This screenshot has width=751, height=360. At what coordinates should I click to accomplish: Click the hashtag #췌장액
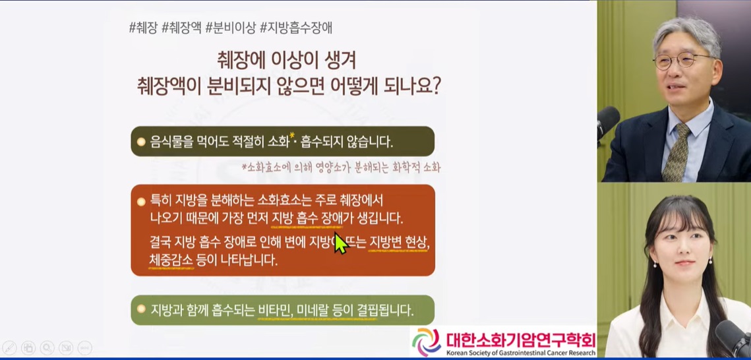coord(181,28)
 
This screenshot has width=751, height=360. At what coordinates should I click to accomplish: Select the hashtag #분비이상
coord(229,28)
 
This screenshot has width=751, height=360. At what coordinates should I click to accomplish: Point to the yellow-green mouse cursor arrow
coord(340,243)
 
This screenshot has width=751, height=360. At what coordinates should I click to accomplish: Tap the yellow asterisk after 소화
coord(293,136)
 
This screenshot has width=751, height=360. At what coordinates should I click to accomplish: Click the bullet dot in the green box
coord(140,309)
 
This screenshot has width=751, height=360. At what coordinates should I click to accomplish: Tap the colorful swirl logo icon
coord(427,342)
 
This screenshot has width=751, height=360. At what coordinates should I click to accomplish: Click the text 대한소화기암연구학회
coord(520,340)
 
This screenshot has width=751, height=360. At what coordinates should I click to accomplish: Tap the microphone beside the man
coord(607,122)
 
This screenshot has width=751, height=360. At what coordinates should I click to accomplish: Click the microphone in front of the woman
coord(733,336)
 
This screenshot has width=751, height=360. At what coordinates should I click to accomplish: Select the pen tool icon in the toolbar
coord(9,347)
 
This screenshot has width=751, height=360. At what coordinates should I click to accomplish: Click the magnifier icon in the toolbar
coord(47,347)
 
